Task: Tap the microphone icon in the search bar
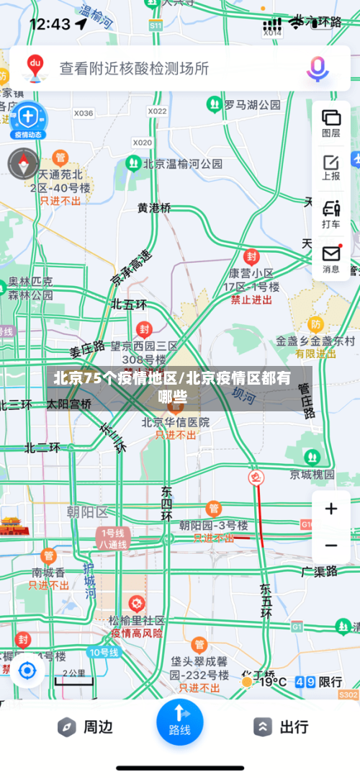(x=318, y=68)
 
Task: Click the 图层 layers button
(x=331, y=122)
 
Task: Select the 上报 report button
(x=331, y=167)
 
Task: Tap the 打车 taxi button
(x=331, y=214)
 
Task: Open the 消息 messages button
(x=331, y=259)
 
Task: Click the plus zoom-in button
(x=331, y=509)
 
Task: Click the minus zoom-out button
(x=331, y=545)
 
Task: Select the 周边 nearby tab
(x=85, y=727)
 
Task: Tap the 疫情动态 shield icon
(x=27, y=120)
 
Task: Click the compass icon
(x=24, y=163)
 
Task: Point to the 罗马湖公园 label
(x=252, y=105)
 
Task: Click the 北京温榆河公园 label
(x=183, y=164)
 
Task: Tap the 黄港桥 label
(x=155, y=207)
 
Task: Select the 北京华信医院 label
(x=176, y=422)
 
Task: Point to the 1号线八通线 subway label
(x=114, y=539)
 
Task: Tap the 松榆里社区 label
(x=136, y=620)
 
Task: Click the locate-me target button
(x=27, y=671)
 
